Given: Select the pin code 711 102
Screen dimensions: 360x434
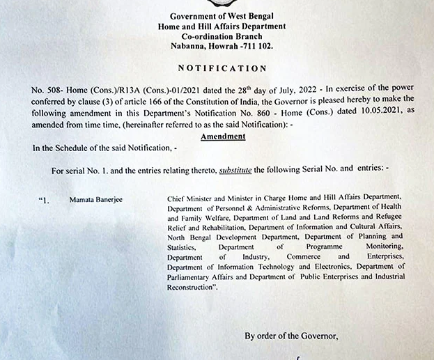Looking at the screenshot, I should (x=258, y=45).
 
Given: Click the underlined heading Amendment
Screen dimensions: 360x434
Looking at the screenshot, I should (x=222, y=136).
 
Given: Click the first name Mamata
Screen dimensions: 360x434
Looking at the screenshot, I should (x=82, y=198).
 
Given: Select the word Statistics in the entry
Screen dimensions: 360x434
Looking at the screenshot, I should (x=182, y=246).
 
